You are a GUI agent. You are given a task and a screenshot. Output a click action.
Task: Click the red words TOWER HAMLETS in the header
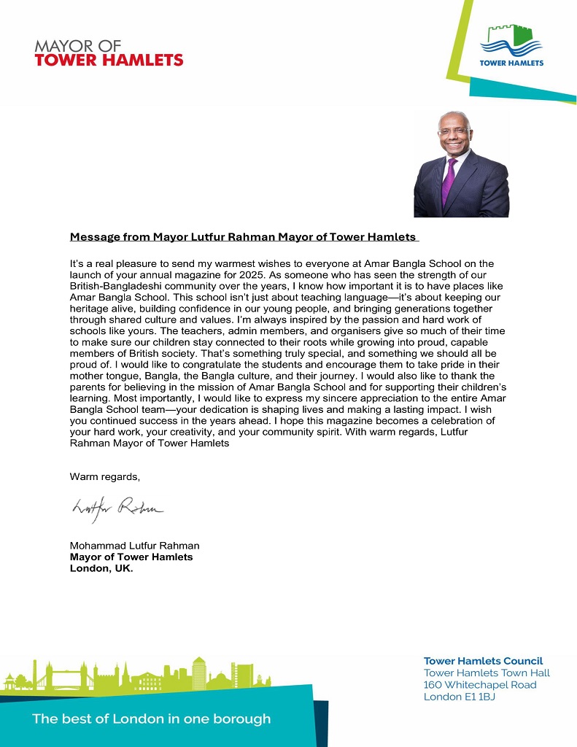[x=109, y=60]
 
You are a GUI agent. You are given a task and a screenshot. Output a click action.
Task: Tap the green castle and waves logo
[x=511, y=40]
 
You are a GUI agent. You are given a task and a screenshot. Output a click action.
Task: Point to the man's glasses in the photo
[x=452, y=132]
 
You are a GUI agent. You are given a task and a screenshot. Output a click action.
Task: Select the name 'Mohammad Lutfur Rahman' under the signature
[x=134, y=546]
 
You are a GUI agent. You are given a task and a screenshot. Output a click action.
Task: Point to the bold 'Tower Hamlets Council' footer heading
[x=483, y=661]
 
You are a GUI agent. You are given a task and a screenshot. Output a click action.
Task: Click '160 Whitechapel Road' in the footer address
[x=480, y=685]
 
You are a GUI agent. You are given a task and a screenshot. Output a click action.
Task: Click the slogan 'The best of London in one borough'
[x=151, y=719]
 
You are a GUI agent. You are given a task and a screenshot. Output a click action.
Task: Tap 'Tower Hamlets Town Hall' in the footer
[x=487, y=673]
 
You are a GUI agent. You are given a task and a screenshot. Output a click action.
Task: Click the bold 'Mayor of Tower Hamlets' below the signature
[x=131, y=557]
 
